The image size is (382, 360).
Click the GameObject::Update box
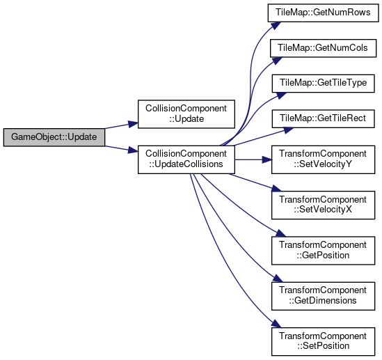tap(54, 137)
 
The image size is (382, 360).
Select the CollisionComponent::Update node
tap(186, 114)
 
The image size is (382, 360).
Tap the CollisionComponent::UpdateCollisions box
tap(186, 159)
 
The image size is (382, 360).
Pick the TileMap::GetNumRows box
tap(323, 13)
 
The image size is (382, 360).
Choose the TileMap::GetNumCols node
tap(323, 48)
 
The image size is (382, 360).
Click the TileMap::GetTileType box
tap(323, 84)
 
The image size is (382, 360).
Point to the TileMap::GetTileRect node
tap(323, 119)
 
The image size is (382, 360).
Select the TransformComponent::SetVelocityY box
tap(323, 159)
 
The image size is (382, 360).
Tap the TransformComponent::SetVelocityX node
tap(323, 205)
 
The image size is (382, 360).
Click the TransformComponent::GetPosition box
tap(323, 251)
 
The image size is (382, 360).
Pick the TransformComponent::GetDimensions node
tap(323, 296)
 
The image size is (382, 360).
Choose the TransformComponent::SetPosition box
tap(323, 342)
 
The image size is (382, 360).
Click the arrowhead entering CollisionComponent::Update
tap(134, 125)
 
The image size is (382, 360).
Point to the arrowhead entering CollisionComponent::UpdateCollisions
tap(134, 150)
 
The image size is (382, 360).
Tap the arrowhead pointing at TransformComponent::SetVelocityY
tap(267, 160)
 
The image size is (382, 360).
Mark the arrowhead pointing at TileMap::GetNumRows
tap(276, 25)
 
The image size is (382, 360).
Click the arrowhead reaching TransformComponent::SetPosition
tap(276, 324)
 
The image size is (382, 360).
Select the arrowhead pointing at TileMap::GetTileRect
tap(289, 130)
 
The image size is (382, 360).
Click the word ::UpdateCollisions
tap(186, 164)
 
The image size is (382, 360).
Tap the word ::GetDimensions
tap(323, 301)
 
